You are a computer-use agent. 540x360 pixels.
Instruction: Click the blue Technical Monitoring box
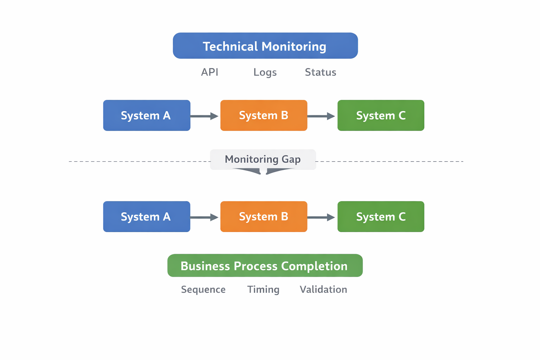[x=265, y=46]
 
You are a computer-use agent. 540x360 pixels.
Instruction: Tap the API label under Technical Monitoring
[x=210, y=72]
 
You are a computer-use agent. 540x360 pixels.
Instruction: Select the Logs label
[x=265, y=72]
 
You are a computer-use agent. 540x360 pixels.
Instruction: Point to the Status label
[x=320, y=72]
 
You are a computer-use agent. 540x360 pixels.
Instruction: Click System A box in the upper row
[x=147, y=115]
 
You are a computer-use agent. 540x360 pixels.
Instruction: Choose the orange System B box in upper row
[x=264, y=115]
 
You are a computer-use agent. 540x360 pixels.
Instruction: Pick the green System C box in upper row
[x=381, y=115]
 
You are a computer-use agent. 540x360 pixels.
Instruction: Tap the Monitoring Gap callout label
[x=263, y=159]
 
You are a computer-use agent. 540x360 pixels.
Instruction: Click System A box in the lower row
[x=147, y=217]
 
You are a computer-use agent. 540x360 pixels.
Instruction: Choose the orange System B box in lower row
[x=264, y=217]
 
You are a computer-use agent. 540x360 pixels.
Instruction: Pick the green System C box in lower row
[x=381, y=217]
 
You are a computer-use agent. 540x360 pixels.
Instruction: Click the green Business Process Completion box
[x=265, y=266]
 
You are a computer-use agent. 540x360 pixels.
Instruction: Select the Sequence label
[x=203, y=289]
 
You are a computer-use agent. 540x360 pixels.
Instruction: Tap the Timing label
[x=263, y=289]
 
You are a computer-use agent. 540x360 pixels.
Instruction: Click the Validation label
[x=323, y=289]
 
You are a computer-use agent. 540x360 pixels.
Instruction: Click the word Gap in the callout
[x=291, y=159]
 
